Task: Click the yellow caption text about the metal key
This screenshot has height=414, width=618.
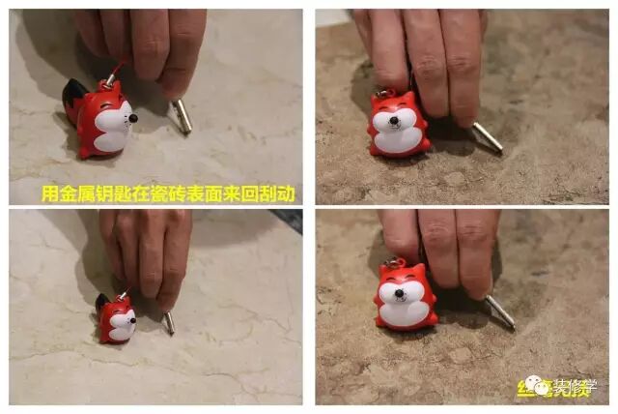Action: tap(168, 193)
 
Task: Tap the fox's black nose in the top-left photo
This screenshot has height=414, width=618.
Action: tap(134, 116)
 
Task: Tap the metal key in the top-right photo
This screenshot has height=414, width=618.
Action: tap(486, 136)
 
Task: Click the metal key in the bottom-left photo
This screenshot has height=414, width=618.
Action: tap(168, 322)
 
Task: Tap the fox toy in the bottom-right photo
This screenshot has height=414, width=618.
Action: tap(405, 296)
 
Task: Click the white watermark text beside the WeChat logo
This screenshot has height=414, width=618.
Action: tap(574, 386)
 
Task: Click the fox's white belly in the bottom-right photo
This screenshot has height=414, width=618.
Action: tap(406, 311)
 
